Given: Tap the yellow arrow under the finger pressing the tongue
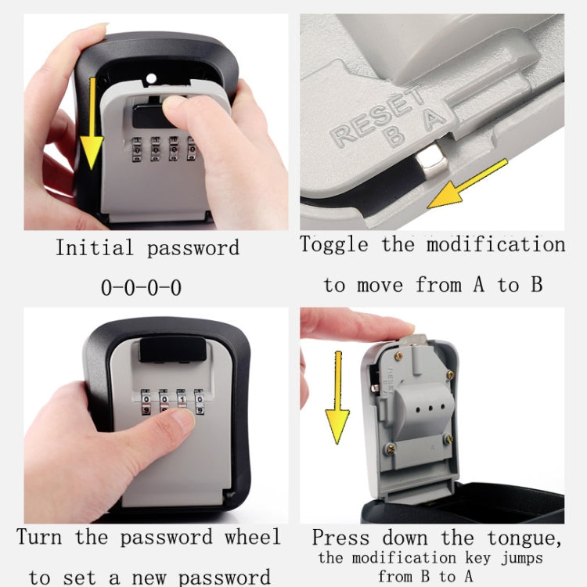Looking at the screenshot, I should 337,395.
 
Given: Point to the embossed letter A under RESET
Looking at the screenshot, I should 430,117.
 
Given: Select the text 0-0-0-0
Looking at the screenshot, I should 142,287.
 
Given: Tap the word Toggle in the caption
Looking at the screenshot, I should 334,244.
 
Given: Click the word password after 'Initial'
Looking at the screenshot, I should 193,249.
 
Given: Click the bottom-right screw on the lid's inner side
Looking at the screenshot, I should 449,438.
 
